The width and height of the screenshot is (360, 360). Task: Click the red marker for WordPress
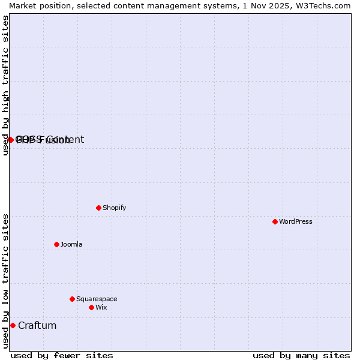[x=275, y=221]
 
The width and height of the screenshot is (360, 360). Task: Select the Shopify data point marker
[x=98, y=208]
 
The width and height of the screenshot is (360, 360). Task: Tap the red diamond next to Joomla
[x=56, y=244]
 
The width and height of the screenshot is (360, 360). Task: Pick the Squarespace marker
[x=72, y=299]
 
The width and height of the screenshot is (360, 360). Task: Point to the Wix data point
[x=91, y=307]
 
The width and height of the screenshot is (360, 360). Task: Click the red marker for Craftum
[x=13, y=325]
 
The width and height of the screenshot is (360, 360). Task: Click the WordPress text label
[x=296, y=221]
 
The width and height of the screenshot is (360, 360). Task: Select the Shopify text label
[x=114, y=208]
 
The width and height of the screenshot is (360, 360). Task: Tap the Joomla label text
[x=71, y=244]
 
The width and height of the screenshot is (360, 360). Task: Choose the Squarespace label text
[x=97, y=299]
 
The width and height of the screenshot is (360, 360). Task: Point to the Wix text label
[x=101, y=307]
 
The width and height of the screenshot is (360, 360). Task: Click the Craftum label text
[x=37, y=325]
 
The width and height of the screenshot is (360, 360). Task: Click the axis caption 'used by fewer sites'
[x=62, y=355]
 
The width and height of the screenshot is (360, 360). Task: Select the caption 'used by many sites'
[x=301, y=355]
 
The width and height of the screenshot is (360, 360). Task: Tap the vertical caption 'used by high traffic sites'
[x=5, y=85]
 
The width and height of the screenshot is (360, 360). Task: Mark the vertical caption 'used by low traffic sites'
[x=5, y=280]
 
